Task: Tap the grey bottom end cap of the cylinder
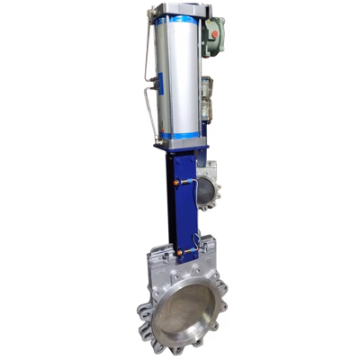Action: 179,144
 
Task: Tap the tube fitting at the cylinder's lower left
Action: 155,140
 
